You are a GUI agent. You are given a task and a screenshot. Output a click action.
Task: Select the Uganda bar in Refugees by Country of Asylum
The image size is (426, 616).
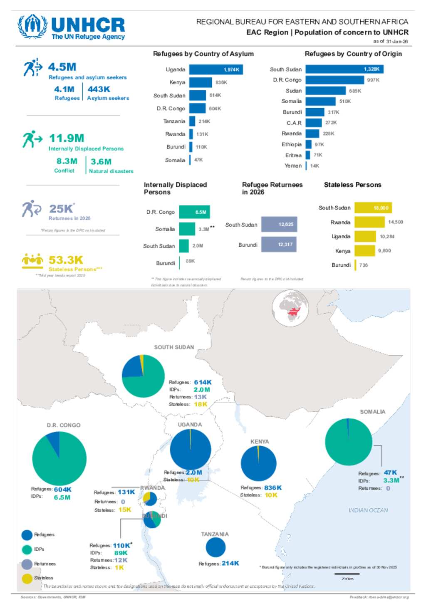point(215,69)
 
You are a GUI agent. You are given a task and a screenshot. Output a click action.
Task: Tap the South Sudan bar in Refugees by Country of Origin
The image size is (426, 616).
point(344,69)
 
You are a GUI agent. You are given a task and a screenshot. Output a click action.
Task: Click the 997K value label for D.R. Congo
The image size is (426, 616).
point(373,80)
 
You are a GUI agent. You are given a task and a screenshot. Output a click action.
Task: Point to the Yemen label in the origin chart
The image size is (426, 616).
point(293,166)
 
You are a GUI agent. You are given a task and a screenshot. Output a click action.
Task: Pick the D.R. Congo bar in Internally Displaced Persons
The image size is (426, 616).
point(194,212)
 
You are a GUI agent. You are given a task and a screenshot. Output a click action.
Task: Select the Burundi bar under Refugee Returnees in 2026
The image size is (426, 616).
point(278,245)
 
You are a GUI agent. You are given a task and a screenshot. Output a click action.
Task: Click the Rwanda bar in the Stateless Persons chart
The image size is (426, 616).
point(369,222)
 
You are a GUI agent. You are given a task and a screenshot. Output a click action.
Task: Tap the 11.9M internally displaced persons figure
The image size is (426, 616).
point(67,138)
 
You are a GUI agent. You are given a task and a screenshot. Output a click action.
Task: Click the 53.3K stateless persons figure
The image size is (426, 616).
point(66,260)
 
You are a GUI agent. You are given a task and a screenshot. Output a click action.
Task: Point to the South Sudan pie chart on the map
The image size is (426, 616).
point(143,376)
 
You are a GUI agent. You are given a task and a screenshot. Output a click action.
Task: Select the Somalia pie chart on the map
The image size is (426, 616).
point(348,442)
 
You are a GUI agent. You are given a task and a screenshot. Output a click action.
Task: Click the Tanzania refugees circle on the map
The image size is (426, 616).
point(215,547)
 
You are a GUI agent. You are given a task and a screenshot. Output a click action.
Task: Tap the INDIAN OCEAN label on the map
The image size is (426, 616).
point(368,510)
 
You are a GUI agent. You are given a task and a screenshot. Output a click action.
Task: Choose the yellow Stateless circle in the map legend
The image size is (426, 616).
point(27,578)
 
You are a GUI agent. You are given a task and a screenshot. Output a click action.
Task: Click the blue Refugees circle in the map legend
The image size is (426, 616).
point(27,535)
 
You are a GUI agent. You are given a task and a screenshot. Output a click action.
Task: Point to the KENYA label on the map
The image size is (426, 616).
point(260,441)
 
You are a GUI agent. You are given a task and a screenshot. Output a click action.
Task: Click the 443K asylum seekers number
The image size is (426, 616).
point(99,89)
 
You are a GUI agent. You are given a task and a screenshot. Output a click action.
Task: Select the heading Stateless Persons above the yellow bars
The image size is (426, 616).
point(352,185)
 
